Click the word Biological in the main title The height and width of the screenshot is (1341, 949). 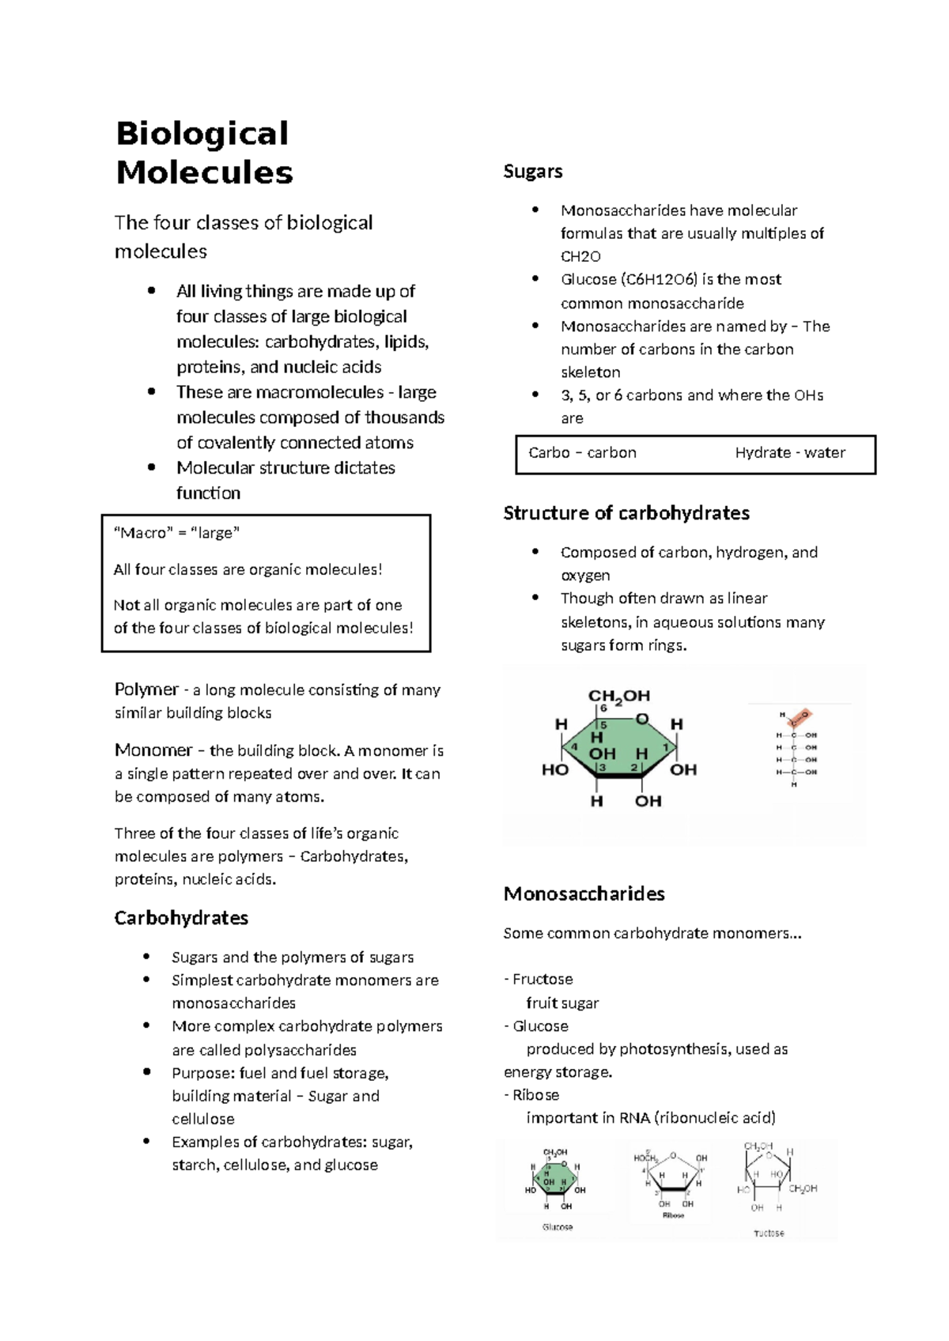202,134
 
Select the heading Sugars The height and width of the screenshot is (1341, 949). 533,172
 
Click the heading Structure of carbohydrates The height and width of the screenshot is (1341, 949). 626,513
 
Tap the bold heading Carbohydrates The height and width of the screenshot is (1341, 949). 181,918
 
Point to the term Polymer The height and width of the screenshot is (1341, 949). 146,689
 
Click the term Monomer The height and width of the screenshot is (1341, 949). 153,750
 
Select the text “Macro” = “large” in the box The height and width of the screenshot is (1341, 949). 176,533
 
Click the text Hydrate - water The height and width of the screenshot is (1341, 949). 789,453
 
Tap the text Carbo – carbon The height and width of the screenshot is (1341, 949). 582,453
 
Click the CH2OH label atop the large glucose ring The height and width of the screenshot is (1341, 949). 618,697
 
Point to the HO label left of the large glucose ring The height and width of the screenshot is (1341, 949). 554,769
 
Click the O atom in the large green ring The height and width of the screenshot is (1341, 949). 642,720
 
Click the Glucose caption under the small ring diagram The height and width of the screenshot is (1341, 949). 558,1227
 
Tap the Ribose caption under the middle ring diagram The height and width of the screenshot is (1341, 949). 673,1215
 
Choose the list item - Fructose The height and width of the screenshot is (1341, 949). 539,980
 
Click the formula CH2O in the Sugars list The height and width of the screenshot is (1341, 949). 580,257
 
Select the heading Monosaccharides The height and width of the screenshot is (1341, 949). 584,894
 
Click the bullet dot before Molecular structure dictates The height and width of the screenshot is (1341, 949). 151,467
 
